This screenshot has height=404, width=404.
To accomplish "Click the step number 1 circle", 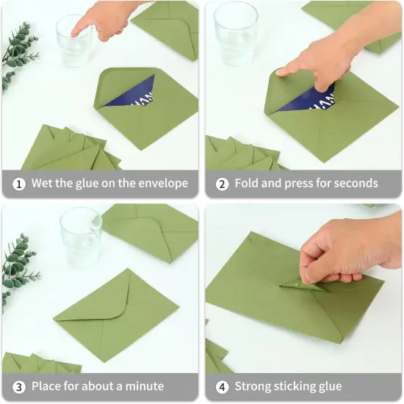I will (18, 184).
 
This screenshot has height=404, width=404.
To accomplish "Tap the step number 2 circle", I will (222, 184).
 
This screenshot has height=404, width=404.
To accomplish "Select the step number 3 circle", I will (18, 386).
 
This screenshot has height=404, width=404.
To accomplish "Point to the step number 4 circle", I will (222, 386).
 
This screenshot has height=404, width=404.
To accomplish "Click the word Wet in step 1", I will (43, 184).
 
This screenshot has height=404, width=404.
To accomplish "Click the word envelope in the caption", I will (162, 184).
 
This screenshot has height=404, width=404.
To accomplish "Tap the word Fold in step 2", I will (248, 184).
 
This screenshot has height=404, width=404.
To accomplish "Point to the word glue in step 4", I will (328, 386).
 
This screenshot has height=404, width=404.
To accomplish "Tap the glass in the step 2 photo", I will (235, 33).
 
